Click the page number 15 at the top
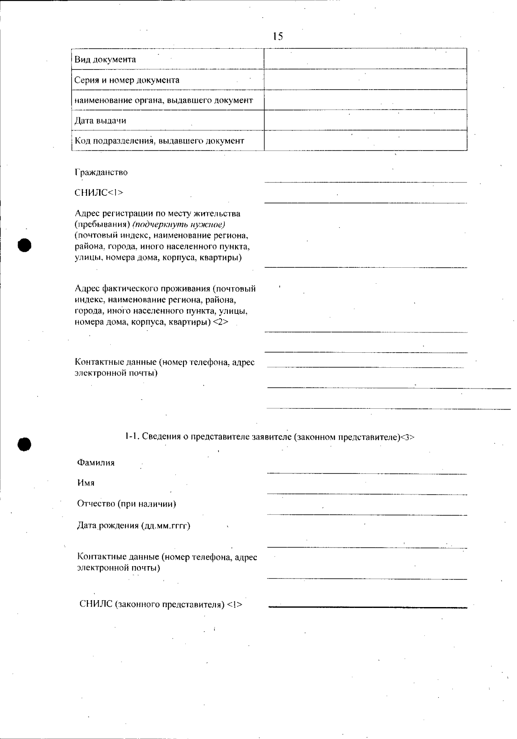click(278, 37)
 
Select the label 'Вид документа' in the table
click(105, 59)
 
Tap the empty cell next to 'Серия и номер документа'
click(365, 80)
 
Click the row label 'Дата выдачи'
click(100, 121)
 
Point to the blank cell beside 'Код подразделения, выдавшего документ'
click(365, 141)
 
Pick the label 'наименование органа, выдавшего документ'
click(164, 100)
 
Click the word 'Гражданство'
click(101, 172)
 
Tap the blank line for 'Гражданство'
click(365, 182)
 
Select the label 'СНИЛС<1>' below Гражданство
click(99, 193)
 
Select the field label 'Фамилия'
click(96, 463)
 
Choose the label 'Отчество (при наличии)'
click(127, 504)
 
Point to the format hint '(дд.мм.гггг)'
click(165, 526)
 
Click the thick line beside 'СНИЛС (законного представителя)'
click(368, 607)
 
